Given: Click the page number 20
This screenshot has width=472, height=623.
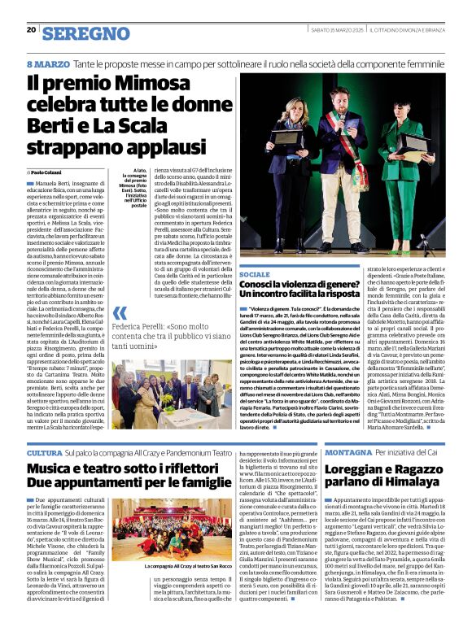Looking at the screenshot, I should point(32,30).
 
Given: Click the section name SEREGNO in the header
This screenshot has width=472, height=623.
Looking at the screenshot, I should point(85,33).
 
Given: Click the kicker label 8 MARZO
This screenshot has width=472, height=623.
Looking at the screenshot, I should point(48,63).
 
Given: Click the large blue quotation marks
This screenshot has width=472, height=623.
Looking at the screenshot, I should point(120,313).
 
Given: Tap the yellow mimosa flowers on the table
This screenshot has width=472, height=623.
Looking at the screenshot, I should point(164,407).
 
